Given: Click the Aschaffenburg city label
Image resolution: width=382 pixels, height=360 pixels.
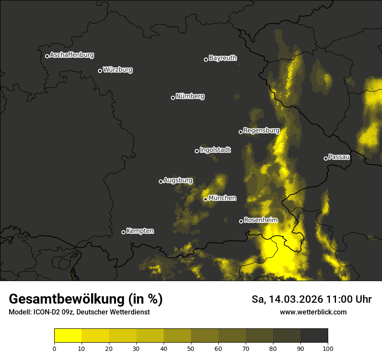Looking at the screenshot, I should coord(72,55).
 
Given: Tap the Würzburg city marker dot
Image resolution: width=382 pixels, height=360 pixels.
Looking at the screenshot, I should coord(100,71).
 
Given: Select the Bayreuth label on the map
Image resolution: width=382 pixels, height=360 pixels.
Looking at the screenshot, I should coord(223,58).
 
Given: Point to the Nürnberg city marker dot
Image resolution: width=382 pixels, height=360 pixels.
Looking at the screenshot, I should coord(173,98).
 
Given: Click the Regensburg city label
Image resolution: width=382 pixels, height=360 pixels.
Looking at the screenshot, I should coord(261,130).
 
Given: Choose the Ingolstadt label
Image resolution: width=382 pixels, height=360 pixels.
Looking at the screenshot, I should coord(215,150).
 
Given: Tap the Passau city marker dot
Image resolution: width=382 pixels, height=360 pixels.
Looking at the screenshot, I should coord(326,158).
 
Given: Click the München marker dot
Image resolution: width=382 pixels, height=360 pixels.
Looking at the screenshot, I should coord(205,199).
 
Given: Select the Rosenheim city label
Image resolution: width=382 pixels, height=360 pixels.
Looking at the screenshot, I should coord(260,220).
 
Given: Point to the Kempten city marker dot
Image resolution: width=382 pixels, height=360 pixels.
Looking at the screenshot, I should coord(123,232).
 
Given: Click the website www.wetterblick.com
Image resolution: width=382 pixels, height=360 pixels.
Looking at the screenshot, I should coord(313,312).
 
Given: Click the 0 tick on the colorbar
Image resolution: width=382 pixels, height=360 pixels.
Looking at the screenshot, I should coord(54,348).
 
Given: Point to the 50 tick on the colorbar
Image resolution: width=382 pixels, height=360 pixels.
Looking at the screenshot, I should coord(191,348).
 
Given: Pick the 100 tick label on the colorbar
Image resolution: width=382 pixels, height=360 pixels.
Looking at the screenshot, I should coord(328,348).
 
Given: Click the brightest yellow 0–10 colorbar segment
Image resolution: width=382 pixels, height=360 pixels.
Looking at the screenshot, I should coord(68,336).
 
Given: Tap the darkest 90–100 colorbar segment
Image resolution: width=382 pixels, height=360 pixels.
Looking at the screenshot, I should coord(314,336).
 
